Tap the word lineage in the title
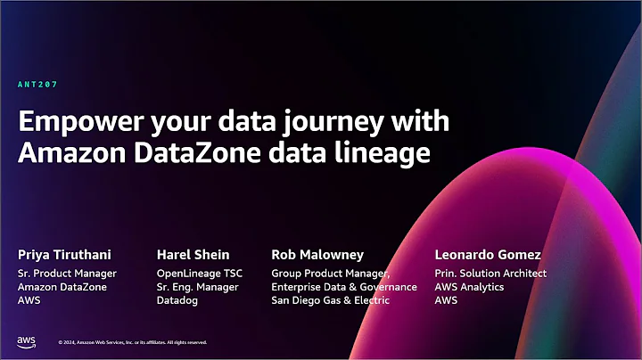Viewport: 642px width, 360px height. click(389, 152)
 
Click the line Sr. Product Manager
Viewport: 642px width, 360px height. click(67, 274)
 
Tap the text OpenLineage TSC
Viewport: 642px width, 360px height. click(199, 274)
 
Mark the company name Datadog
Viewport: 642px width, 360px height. click(177, 301)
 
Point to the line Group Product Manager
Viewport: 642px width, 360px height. click(331, 274)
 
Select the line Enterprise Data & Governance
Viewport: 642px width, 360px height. click(343, 287)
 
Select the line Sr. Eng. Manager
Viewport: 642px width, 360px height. click(195, 287)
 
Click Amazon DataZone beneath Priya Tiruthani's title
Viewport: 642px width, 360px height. click(59, 287)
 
